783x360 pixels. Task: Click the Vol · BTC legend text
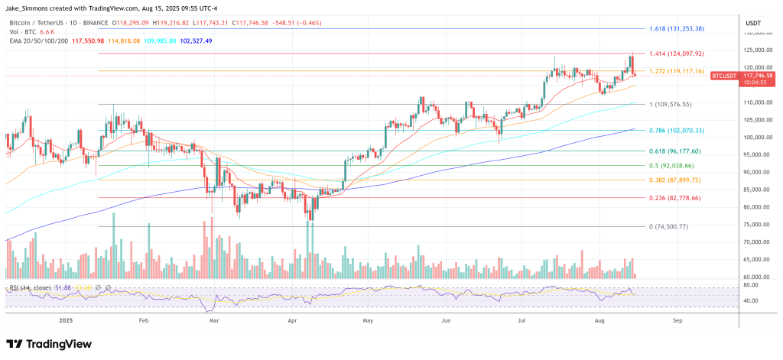tap(22, 32)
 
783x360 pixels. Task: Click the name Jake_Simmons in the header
tap(29, 8)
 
